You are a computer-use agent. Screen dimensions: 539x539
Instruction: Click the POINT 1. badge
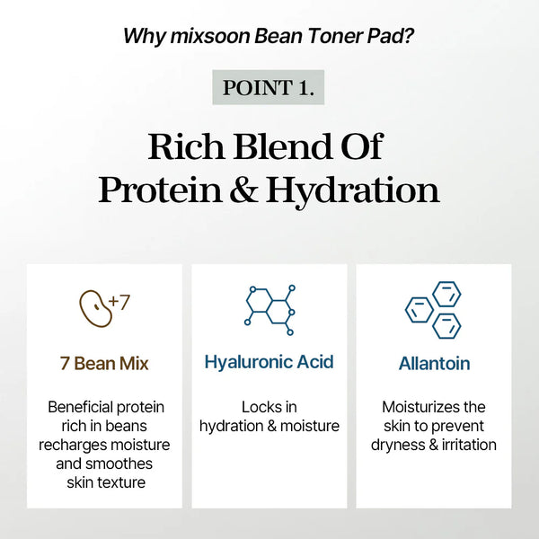pos(269,88)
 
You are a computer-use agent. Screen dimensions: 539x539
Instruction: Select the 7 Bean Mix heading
pos(104,364)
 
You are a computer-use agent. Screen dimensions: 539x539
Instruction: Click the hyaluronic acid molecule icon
pos(269,306)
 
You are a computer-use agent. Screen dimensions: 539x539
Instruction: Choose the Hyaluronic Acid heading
pos(269,362)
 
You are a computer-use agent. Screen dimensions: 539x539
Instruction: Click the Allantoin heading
pos(434,364)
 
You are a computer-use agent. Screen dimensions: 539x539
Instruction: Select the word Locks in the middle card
pos(258,407)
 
